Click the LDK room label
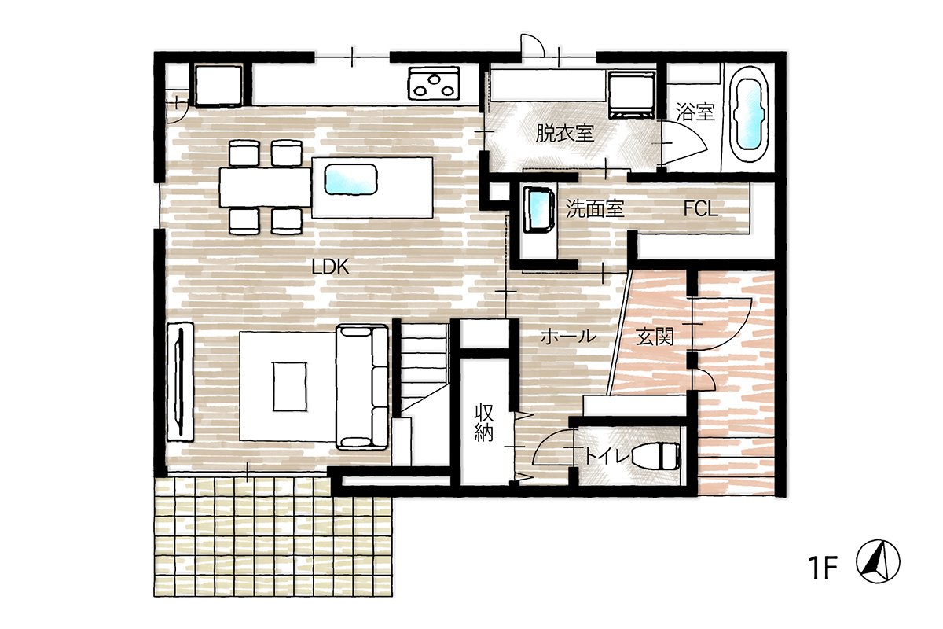click(x=331, y=267)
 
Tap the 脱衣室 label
click(x=564, y=134)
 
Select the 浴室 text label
click(x=695, y=112)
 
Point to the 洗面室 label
click(x=594, y=208)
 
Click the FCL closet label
click(x=700, y=208)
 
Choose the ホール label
click(x=568, y=337)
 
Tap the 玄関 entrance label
click(x=655, y=337)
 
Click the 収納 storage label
click(x=484, y=422)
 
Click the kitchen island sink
click(x=350, y=179)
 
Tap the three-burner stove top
click(x=433, y=83)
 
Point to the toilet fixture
click(x=656, y=456)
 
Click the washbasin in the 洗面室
click(x=539, y=211)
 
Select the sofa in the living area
click(x=362, y=386)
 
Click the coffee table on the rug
click(x=290, y=386)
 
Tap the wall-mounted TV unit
click(x=181, y=381)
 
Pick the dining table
click(x=266, y=187)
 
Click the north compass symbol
click(x=879, y=561)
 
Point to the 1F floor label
click(x=822, y=568)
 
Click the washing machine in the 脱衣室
click(x=632, y=95)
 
